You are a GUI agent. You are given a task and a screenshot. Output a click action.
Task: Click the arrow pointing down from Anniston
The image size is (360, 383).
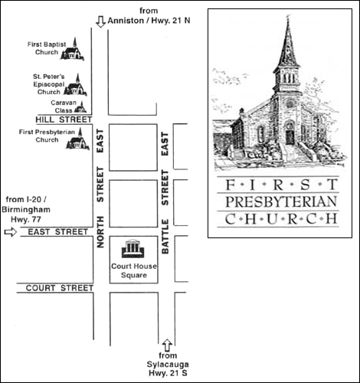point(100,21)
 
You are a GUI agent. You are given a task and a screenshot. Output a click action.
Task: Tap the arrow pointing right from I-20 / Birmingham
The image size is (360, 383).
point(11,232)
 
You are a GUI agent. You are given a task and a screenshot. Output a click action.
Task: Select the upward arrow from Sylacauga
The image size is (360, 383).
point(167,345)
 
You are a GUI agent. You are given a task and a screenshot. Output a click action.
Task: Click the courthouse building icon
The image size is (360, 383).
point(133,248)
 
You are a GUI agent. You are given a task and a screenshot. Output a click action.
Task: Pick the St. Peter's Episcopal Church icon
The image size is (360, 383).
point(76,86)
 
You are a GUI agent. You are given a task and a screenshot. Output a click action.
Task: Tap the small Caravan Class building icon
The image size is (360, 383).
point(80,108)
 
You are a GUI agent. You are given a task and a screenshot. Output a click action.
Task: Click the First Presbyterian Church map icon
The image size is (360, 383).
point(78,140)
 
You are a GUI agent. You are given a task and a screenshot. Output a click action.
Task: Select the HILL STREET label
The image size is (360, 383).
point(64,119)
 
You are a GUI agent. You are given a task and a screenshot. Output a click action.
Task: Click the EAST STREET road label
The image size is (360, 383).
point(58,232)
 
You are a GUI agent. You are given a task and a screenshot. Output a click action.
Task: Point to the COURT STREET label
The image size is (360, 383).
point(60,288)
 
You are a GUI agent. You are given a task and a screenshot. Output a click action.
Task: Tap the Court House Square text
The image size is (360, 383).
point(134,270)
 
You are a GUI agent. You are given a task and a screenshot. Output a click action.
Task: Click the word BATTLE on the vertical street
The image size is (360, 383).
point(165,237)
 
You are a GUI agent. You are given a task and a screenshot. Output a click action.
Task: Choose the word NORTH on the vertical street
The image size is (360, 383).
point(100,232)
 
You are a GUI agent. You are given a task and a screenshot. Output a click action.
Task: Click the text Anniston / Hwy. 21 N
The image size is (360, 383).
point(149,21)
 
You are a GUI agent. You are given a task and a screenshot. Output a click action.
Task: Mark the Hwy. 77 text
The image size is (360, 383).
point(26,219)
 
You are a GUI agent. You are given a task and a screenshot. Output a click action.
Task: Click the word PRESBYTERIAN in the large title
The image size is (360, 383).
point(281,202)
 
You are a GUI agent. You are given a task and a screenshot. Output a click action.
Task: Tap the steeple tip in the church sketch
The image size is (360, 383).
point(288,16)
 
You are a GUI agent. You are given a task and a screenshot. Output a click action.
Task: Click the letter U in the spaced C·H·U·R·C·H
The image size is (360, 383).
point(272,219)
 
